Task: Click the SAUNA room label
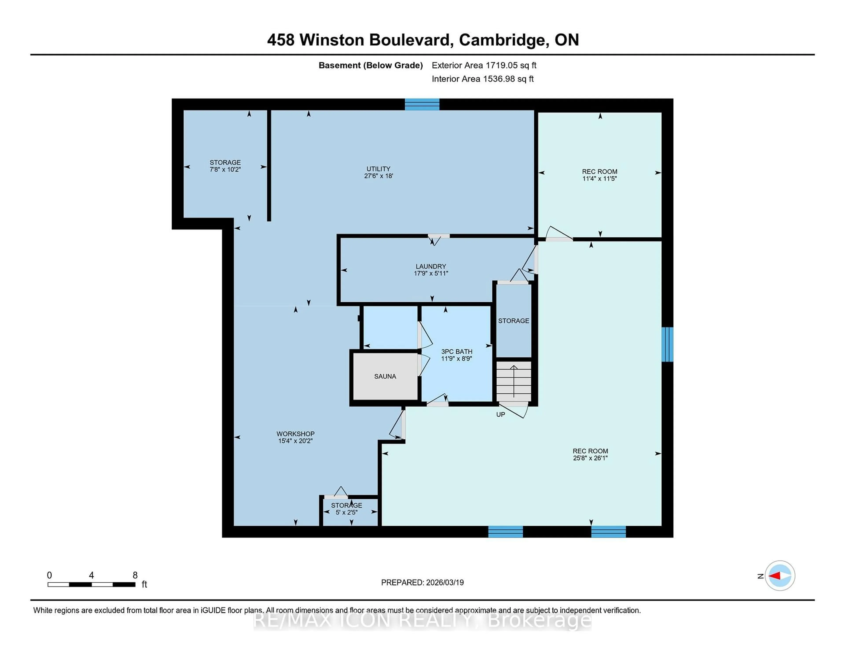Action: coord(385,376)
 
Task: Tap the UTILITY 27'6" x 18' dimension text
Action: coord(378,176)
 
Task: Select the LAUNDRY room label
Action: coord(431,266)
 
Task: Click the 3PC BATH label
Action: coord(457,352)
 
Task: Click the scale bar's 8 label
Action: coord(135,575)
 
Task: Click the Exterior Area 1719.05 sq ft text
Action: coord(484,65)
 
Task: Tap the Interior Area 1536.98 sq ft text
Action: coord(483,79)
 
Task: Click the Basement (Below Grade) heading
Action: coord(370,65)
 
